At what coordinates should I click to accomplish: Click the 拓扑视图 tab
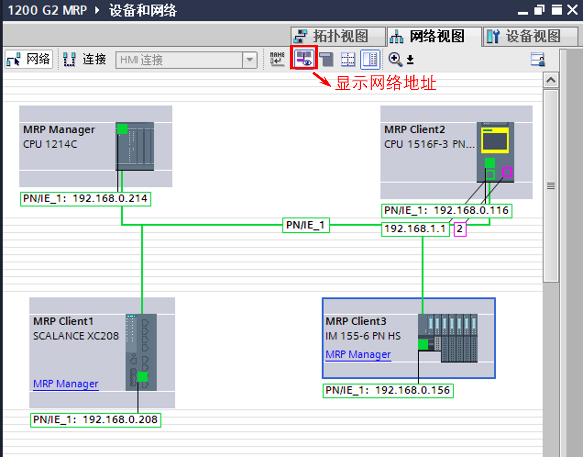point(338,36)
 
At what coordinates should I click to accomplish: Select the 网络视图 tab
point(434,36)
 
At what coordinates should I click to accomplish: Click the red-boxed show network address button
point(304,58)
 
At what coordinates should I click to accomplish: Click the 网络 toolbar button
point(29,59)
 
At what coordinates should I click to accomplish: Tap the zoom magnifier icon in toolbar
point(395,59)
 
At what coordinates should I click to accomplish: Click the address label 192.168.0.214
point(85,198)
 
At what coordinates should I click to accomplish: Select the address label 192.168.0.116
point(447,210)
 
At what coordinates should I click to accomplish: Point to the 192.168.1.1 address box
point(415,229)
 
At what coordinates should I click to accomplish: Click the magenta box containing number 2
point(460,229)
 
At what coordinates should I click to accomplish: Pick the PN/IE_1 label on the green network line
point(305,225)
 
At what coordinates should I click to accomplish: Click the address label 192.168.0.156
point(388,390)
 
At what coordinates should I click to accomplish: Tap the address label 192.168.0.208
point(96,420)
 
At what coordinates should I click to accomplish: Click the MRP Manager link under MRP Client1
point(66,384)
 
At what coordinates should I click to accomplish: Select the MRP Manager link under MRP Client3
point(358,354)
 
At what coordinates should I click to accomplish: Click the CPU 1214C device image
point(135,146)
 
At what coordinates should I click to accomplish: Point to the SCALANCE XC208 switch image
point(141,352)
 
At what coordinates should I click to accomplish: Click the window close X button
point(572,10)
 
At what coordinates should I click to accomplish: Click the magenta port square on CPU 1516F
point(507,172)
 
